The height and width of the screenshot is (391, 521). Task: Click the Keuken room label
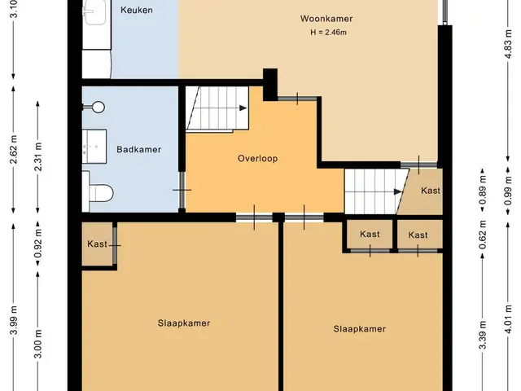point(137,10)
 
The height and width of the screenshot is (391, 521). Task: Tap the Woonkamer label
point(326,19)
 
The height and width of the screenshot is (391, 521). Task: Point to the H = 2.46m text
point(328,33)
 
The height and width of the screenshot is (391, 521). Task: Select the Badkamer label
point(139,150)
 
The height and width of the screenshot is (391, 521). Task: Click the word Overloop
point(257,158)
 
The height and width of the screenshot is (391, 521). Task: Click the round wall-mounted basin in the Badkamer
point(98,107)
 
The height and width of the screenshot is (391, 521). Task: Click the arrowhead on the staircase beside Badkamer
point(243,108)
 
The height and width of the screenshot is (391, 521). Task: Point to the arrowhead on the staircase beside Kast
point(398,192)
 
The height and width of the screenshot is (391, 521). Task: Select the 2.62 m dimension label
point(14,150)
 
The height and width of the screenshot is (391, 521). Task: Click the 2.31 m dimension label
point(38,156)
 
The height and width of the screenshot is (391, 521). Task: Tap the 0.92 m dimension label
point(38,244)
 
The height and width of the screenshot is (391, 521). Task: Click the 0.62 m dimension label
point(483,235)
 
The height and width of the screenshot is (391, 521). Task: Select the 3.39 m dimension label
point(483,335)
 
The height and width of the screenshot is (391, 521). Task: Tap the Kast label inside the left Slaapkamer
point(98,244)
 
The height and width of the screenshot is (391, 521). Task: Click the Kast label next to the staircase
point(431,191)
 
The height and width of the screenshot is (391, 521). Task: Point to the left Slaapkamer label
point(184,323)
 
